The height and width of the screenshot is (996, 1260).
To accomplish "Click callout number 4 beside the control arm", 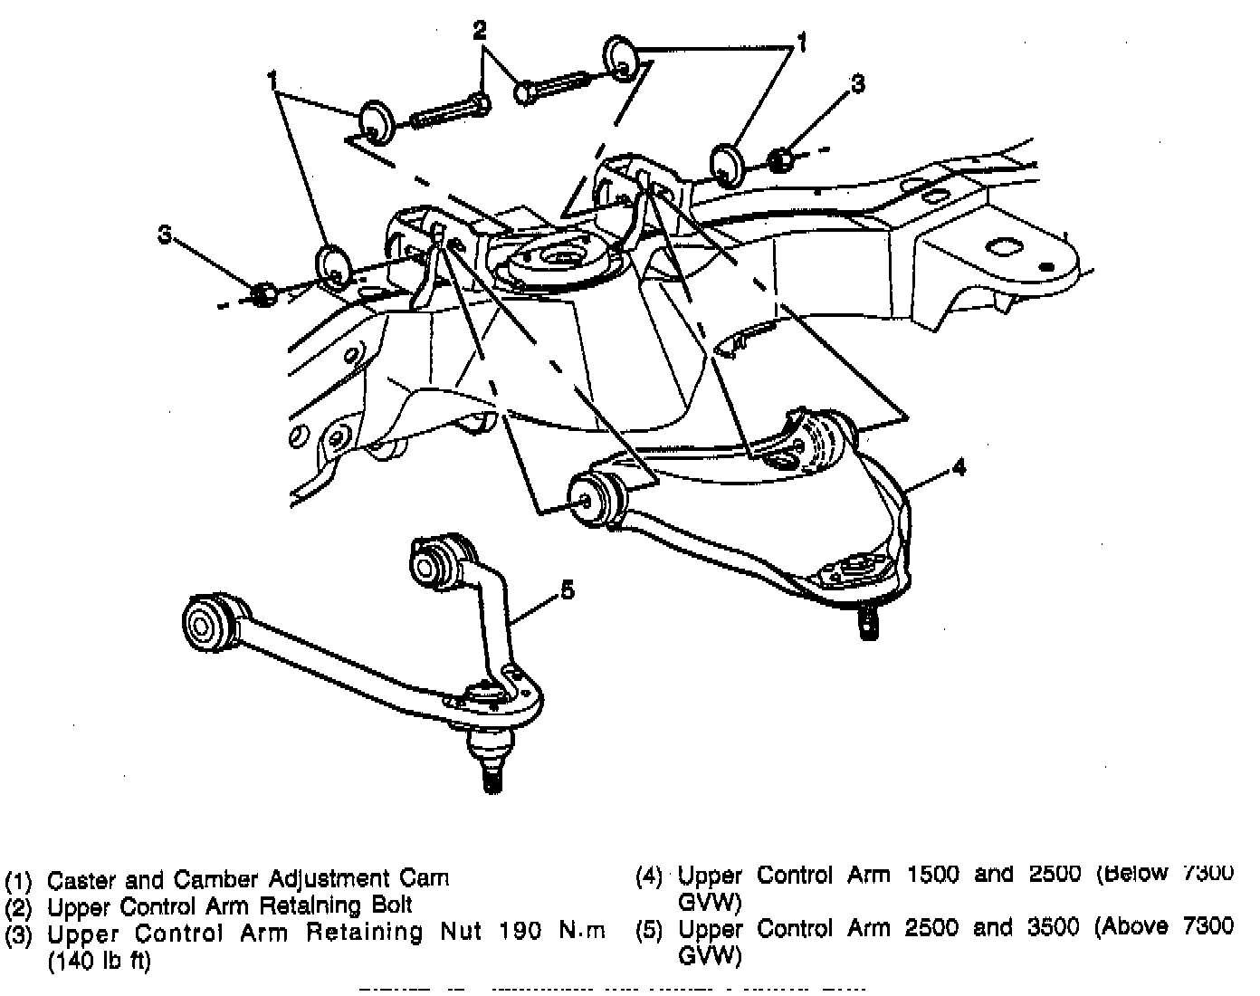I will tap(959, 467).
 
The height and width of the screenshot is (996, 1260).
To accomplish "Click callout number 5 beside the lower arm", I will tap(567, 590).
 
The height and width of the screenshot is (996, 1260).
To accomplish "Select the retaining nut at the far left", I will tap(262, 294).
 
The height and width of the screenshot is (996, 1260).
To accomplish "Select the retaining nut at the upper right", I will tap(780, 159).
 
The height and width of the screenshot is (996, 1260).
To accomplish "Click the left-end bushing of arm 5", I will tap(205, 623).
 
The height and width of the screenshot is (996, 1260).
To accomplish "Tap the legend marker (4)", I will tap(652, 876).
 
